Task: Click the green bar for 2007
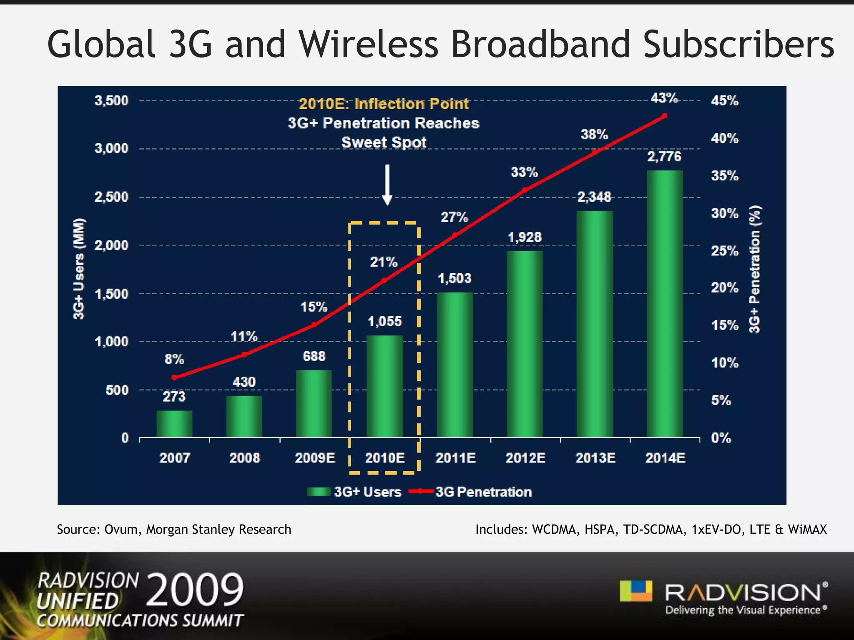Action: (174, 424)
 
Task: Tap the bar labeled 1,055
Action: (384, 386)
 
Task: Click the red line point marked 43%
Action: (665, 116)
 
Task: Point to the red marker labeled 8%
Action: (174, 377)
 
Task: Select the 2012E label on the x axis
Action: (525, 458)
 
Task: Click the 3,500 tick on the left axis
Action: (111, 100)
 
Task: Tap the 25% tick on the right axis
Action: (725, 251)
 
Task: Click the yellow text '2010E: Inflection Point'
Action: (384, 103)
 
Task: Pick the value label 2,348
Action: (594, 197)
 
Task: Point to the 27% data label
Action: (455, 217)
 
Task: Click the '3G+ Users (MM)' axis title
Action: (79, 269)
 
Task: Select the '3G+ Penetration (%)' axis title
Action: (755, 269)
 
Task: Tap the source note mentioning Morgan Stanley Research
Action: (174, 529)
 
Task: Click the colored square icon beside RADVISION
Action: (635, 591)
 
